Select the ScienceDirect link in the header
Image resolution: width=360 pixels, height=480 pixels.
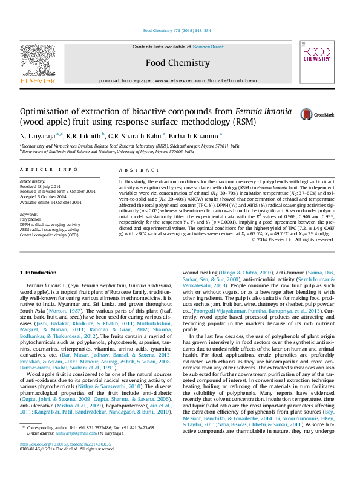tap(208, 47)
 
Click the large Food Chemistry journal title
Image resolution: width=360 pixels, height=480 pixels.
tap(177, 63)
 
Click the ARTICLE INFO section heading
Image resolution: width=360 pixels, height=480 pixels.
tap(49, 170)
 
